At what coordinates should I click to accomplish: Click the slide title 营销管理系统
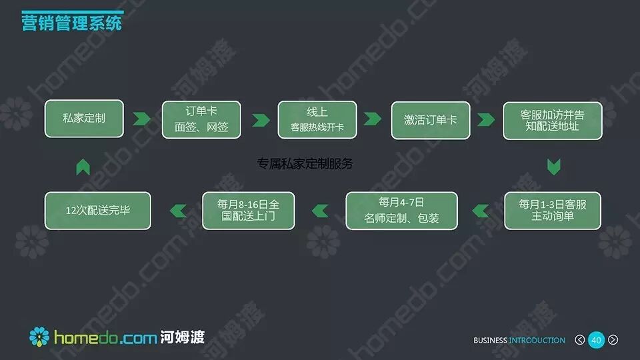coord(71,23)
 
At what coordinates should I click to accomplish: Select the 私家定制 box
coord(84,119)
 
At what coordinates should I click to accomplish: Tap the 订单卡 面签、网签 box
coord(201,119)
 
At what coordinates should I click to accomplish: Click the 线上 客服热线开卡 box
coord(317,119)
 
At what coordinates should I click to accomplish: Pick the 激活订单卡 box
coord(430,120)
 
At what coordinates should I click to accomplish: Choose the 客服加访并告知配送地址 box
coord(552,120)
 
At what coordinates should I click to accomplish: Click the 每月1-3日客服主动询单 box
coord(552,211)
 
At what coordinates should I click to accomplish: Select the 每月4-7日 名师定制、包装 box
coord(401,211)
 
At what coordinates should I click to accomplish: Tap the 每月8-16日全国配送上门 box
coord(248,211)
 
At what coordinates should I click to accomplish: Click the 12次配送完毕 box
coord(97,211)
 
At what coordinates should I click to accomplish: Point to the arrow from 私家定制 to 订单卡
coord(141,119)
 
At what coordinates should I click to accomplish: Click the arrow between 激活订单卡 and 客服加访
coord(486,120)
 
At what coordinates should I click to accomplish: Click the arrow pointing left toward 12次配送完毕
coord(177,211)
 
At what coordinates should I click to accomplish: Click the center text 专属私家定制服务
coord(305,163)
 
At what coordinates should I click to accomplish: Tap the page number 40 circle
coord(596,340)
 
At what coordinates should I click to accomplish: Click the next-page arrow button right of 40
coord(613,340)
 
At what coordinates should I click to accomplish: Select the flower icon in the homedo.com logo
coord(39,337)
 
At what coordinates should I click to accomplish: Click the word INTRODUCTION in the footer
coord(537,341)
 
